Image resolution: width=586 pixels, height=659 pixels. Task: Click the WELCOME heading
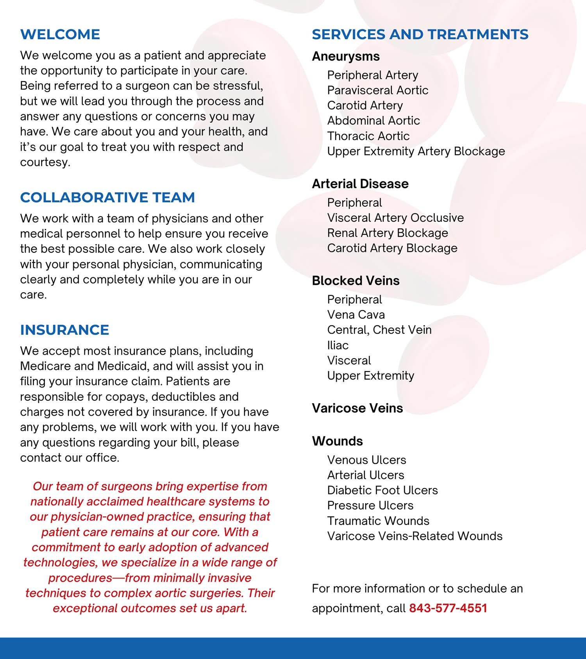60,34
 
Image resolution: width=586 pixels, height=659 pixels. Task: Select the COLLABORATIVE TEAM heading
107,197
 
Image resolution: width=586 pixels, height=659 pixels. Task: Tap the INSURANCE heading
64,330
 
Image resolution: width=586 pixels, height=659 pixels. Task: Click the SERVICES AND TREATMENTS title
420,34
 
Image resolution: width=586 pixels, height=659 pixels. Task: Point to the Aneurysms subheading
346,56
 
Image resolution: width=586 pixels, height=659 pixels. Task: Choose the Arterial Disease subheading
360,184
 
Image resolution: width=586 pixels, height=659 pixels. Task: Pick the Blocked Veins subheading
356,280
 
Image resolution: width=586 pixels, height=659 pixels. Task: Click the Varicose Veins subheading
357,408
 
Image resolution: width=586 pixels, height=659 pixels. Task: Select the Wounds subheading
338,441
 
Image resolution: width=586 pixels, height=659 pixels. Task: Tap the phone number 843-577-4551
448,608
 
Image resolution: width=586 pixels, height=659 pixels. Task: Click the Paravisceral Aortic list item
378,90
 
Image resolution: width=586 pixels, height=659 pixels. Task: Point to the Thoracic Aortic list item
368,136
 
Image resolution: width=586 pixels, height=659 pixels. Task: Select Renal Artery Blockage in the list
388,233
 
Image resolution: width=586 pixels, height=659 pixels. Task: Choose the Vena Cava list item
356,314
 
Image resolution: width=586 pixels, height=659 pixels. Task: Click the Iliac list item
338,345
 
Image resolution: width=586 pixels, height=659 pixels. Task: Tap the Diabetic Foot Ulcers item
382,490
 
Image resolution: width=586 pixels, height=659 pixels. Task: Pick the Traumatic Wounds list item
378,521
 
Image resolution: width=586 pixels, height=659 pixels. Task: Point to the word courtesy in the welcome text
45,162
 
